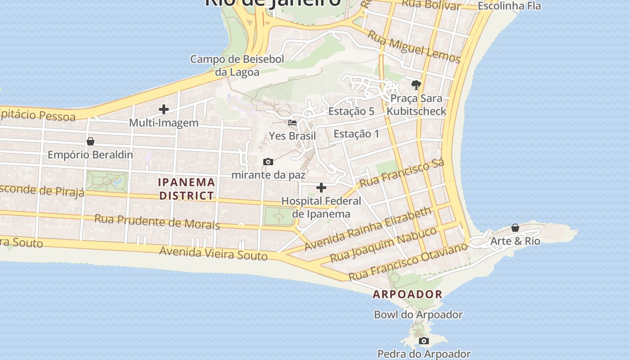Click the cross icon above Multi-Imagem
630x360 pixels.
164,109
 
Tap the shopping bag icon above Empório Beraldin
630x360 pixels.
90,141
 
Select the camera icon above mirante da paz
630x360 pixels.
268,162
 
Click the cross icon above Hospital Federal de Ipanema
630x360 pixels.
321,188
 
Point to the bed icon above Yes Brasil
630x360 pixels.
292,122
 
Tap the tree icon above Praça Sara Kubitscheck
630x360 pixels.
416,85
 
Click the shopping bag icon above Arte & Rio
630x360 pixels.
515,228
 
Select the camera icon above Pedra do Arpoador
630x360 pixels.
424,341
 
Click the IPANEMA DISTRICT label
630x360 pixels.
186,189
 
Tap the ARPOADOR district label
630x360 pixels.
408,294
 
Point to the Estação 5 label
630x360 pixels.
351,111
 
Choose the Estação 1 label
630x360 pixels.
356,134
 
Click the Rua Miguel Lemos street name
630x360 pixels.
414,47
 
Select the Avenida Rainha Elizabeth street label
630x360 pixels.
368,229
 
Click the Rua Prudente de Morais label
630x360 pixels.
157,221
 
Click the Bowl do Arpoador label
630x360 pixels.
418,315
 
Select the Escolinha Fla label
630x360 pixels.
509,6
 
